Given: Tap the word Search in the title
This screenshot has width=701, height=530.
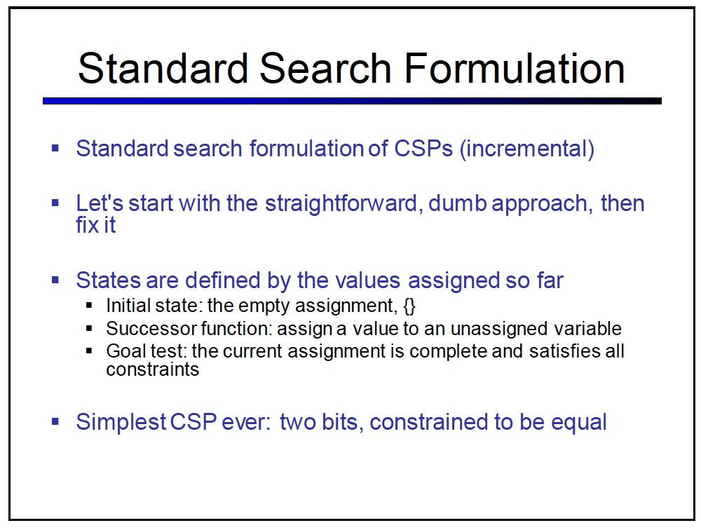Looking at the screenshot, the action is click(x=326, y=69).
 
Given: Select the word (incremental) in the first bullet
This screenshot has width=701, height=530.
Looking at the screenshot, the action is click(x=527, y=149).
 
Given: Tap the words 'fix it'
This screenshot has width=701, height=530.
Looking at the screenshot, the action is click(x=95, y=225).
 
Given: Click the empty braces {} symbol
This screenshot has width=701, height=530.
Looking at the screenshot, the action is click(x=409, y=306).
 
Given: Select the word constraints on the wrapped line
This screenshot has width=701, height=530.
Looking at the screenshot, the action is click(x=152, y=370).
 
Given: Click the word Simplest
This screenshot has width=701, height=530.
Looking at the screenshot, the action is click(x=121, y=422).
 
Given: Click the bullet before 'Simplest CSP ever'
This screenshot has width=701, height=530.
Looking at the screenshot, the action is click(x=55, y=421).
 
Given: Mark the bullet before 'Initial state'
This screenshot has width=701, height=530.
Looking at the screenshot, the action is click(x=89, y=306).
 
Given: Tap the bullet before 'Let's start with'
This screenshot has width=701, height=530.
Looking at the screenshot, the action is click(x=55, y=203).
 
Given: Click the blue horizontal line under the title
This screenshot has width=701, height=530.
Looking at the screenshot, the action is click(x=353, y=101).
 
